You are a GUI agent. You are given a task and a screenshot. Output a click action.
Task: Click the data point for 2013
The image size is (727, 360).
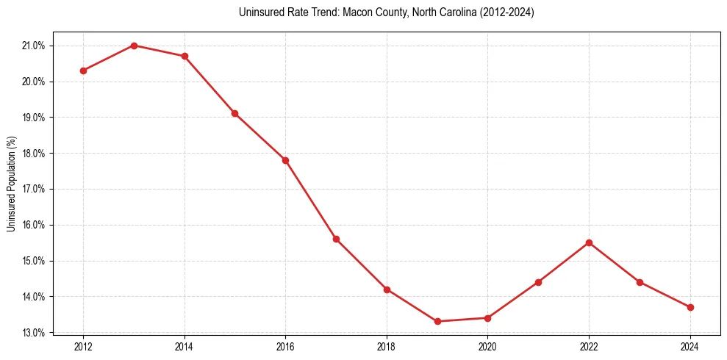[x=134, y=46]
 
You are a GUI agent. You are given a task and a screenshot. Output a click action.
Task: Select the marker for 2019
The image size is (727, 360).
[x=437, y=321]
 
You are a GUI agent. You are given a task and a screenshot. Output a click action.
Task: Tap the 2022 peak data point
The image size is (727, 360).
[x=589, y=242]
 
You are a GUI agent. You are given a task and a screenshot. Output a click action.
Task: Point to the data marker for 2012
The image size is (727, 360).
[x=83, y=71]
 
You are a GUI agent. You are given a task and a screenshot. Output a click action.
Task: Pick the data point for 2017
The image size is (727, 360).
[x=336, y=239]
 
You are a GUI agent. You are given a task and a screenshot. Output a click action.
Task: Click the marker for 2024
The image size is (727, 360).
[x=690, y=307]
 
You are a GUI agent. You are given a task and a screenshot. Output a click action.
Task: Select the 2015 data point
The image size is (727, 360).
[x=234, y=113]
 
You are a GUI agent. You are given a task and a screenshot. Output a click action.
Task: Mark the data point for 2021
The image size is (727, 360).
[x=538, y=282]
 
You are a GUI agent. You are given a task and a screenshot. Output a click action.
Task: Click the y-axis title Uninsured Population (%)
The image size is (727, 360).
[x=11, y=184]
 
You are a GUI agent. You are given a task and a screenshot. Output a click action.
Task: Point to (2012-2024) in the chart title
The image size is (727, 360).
[x=503, y=12]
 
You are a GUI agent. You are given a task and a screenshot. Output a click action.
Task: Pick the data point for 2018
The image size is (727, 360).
[x=387, y=289]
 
